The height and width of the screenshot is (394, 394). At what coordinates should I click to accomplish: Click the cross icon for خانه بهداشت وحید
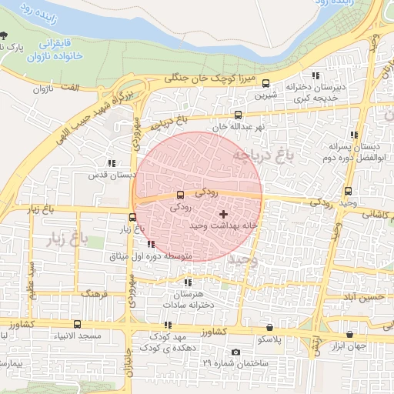[x=223, y=214]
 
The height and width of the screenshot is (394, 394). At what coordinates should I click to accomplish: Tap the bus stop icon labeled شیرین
[x=266, y=84]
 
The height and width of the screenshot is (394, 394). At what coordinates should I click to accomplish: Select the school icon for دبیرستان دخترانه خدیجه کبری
[x=316, y=75]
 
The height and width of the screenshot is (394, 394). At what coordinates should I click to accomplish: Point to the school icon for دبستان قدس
[x=112, y=163]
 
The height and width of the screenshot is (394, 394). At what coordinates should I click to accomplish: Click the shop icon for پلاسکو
[x=269, y=327]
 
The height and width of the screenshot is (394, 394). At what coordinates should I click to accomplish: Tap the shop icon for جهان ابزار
[x=351, y=334]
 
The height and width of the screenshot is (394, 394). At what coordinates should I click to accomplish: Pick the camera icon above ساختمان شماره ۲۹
[x=235, y=352]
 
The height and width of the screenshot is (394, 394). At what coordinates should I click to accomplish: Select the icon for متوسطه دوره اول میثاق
[x=150, y=244]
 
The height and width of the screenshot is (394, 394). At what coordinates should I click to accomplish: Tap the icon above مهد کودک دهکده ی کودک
[x=168, y=326]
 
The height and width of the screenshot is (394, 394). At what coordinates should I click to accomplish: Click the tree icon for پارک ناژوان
[x=5, y=35]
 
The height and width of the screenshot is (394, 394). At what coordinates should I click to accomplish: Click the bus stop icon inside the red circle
[x=180, y=195]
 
